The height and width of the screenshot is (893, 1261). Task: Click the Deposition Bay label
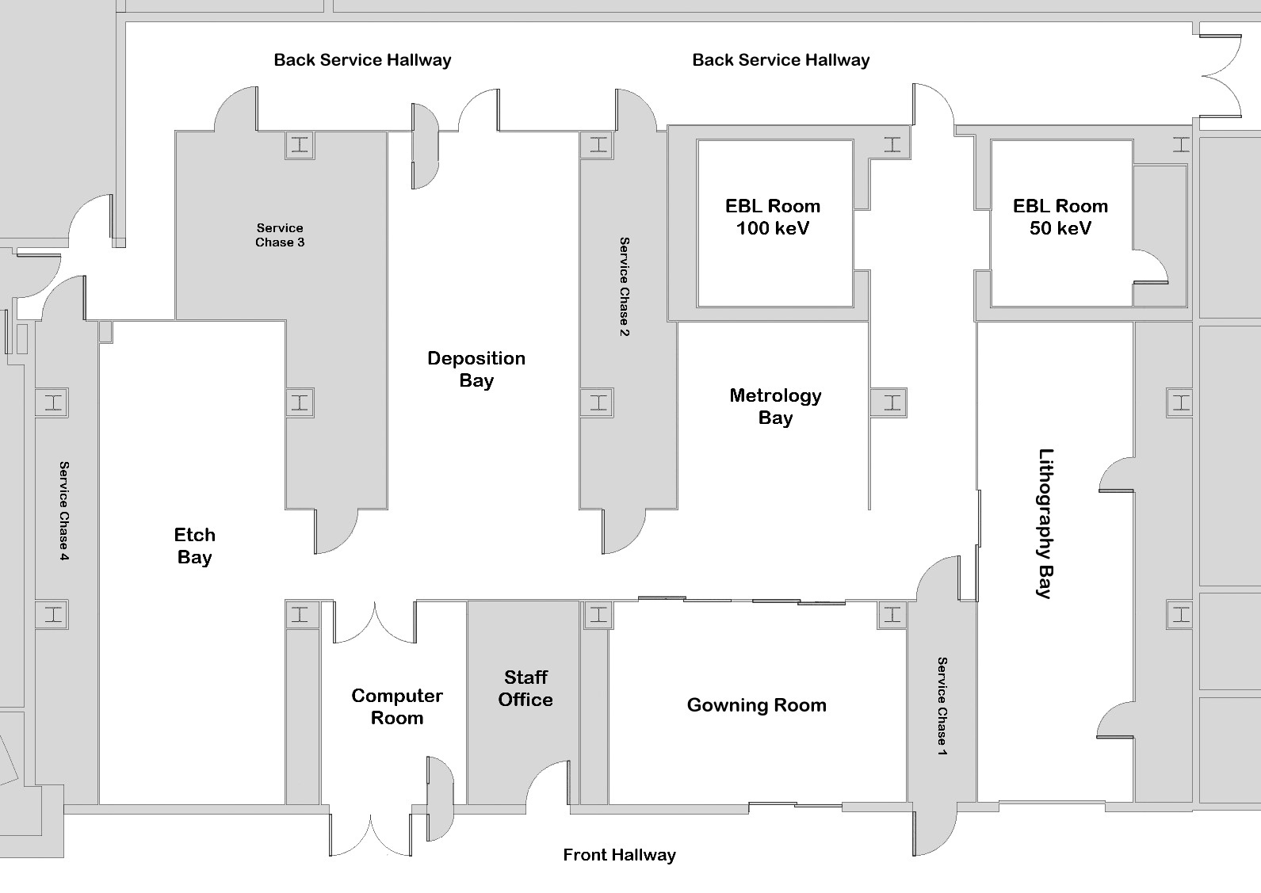(476, 369)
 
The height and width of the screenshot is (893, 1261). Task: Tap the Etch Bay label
(195, 546)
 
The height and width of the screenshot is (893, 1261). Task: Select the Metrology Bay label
(775, 406)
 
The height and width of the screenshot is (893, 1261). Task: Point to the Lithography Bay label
(1045, 523)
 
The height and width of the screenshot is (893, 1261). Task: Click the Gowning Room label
(757, 705)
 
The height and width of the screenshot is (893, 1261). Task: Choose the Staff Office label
(525, 689)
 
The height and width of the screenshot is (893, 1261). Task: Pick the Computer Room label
(397, 707)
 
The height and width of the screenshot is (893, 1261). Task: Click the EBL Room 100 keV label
(772, 216)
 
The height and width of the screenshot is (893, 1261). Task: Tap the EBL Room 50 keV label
(1060, 216)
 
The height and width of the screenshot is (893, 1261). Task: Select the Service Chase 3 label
(280, 235)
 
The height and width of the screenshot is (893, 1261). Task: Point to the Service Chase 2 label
(625, 286)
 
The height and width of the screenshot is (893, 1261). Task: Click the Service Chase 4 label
(64, 511)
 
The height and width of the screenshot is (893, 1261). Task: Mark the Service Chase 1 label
(942, 706)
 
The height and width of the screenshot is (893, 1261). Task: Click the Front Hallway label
(619, 855)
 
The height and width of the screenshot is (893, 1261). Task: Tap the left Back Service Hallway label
(362, 59)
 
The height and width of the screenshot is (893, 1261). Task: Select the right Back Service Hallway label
(781, 59)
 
